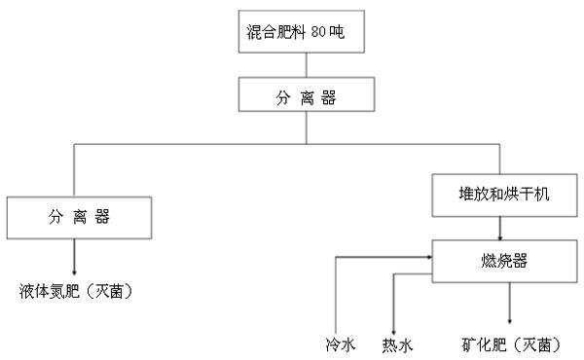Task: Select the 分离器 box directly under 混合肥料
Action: [x=305, y=97]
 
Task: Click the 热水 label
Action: [x=395, y=344]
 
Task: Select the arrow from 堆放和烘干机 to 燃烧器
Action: [x=501, y=228]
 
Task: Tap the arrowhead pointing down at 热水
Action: [x=392, y=329]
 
